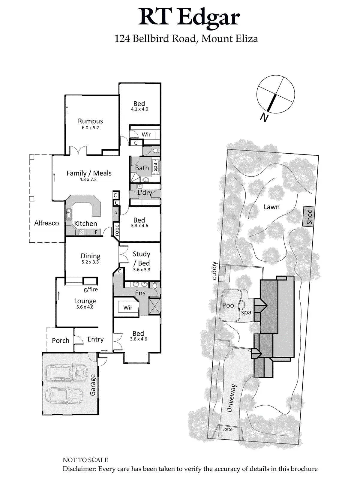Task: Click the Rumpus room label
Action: tap(90, 121)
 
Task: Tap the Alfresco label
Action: tap(46, 223)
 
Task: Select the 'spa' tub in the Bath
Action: tap(155, 166)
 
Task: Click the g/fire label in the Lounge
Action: tap(91, 289)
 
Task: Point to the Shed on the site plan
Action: tap(309, 217)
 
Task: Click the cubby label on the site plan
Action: tap(214, 271)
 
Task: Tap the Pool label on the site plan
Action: tap(229, 305)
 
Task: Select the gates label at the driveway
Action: tap(229, 429)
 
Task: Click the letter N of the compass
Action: tap(264, 117)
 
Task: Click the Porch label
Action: tap(61, 340)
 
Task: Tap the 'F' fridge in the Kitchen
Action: tap(96, 232)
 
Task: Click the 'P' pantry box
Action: tap(116, 214)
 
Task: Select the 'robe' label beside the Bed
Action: tap(116, 230)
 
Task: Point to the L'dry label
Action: tap(145, 193)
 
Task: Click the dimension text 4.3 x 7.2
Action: tap(88, 179)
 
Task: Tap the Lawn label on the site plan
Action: tap(271, 207)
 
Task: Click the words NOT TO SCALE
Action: tap(85, 460)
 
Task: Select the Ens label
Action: tap(140, 293)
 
